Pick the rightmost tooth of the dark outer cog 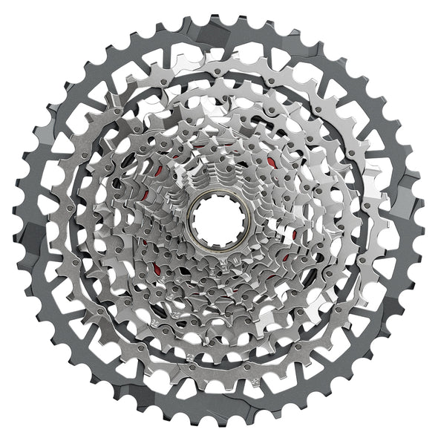[x=425, y=220]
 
